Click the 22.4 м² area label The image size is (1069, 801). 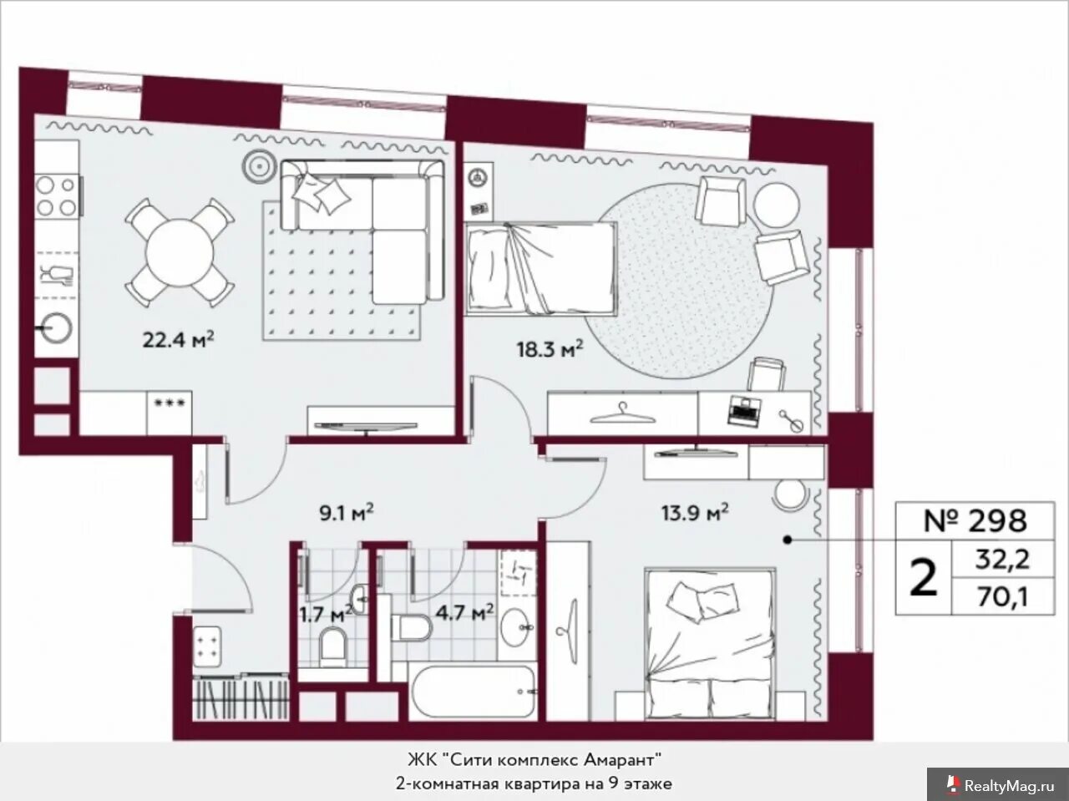pyautogui.click(x=178, y=339)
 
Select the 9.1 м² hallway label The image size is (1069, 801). pyautogui.click(x=347, y=512)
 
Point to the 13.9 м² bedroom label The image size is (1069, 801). pyautogui.click(x=695, y=512)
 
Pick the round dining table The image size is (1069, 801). pyautogui.click(x=180, y=253)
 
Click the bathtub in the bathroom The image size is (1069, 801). pyautogui.click(x=473, y=691)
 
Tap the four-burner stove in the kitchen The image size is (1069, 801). pyautogui.click(x=57, y=197)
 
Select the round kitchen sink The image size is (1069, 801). pyautogui.click(x=57, y=327)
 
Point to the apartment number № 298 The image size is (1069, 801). pyautogui.click(x=975, y=520)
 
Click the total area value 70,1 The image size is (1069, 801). pyautogui.click(x=1002, y=597)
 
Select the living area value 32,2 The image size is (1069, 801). pyautogui.click(x=1002, y=560)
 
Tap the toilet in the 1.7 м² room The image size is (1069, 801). pyautogui.click(x=333, y=646)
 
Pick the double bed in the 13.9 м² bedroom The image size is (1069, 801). pyautogui.click(x=710, y=645)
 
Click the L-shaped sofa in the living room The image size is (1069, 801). pyautogui.click(x=362, y=231)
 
